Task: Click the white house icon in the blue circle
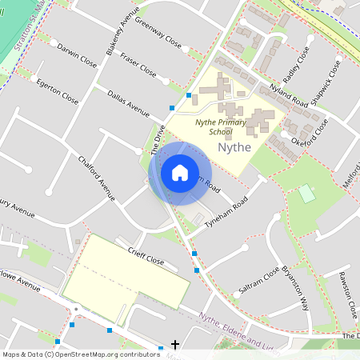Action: point(180,173)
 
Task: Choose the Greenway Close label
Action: point(157,31)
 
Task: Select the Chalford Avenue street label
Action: point(97,174)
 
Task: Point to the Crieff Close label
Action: point(146,256)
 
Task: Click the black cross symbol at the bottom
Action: point(175,345)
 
